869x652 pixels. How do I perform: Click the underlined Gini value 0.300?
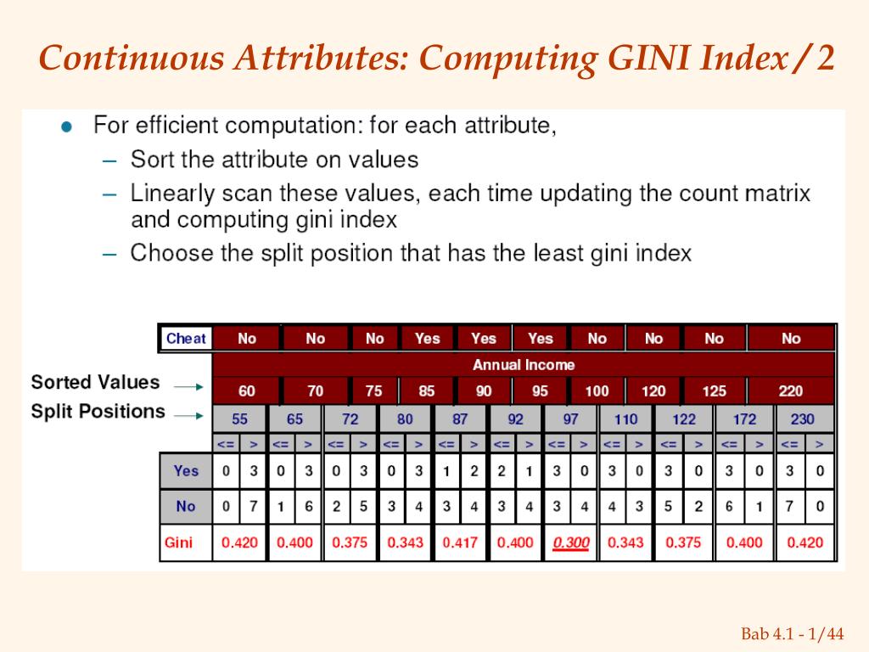coord(571,542)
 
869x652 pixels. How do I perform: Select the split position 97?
coord(570,419)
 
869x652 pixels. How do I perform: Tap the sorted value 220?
coord(790,391)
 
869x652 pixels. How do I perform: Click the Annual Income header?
coord(524,365)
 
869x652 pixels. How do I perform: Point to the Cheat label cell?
coord(186,339)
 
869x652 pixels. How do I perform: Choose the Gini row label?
coord(178,542)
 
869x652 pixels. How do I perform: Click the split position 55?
coord(240,419)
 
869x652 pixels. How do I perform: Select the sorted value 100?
coord(597,391)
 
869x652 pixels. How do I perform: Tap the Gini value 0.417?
coord(460,542)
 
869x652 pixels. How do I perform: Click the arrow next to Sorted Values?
coord(188,386)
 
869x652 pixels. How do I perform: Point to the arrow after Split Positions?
coord(188,415)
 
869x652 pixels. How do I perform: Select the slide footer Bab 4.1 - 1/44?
coord(793,633)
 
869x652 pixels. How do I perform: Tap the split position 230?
coord(802,419)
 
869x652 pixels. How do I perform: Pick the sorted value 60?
coord(246,391)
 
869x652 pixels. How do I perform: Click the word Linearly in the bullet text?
coord(172,194)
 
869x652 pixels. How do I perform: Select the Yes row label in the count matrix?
coord(186,470)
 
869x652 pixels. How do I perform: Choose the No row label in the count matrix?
coord(186,506)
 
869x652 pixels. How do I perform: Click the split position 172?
coord(745,419)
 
